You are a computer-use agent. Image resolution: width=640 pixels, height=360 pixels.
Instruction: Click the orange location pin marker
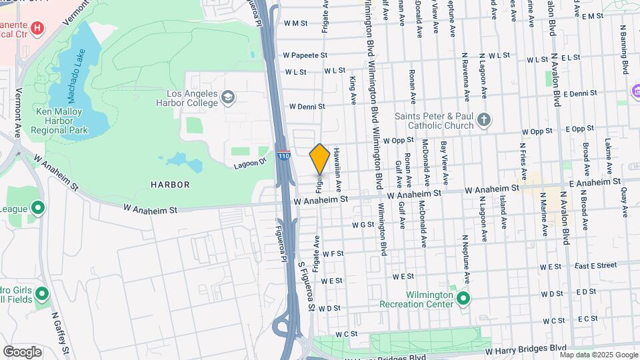319,159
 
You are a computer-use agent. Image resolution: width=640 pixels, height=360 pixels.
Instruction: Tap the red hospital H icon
37,28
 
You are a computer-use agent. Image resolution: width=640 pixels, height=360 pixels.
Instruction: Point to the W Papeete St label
305,55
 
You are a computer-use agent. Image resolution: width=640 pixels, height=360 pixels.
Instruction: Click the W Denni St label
307,106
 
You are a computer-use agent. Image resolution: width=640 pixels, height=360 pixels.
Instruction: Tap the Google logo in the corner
22,351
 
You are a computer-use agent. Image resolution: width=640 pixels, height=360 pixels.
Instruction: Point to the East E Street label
595,265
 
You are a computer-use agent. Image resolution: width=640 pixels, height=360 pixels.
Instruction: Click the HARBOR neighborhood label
170,184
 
